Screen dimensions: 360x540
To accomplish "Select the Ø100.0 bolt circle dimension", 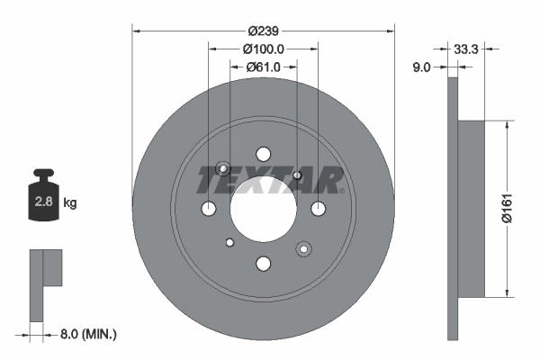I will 263,49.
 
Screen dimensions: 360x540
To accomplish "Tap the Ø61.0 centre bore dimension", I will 263,67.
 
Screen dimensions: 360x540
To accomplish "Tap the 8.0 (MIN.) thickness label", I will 86,334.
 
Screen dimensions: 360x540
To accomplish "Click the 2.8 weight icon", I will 43,202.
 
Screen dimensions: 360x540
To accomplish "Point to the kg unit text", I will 69,203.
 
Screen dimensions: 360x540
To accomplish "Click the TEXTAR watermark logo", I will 270,181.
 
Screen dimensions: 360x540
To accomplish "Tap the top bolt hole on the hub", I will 263,154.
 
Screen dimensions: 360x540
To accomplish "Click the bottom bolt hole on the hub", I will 263,264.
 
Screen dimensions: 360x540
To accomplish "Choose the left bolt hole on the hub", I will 209,209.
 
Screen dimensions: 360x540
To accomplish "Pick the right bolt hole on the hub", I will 318,209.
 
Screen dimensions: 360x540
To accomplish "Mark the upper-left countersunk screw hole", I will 224,169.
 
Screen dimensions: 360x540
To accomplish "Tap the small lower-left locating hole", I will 229,241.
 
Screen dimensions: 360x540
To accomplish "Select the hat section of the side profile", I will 472,209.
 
